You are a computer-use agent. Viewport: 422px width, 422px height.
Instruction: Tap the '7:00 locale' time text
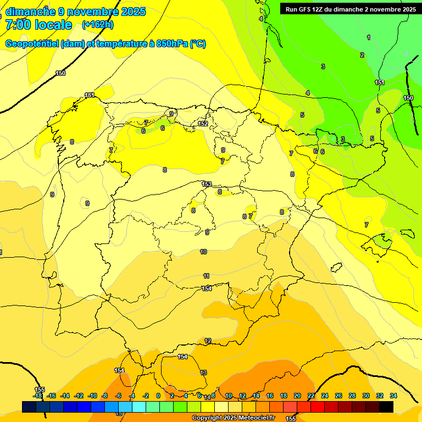point(38,25)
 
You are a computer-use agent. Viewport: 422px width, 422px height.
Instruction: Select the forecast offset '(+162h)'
point(98,25)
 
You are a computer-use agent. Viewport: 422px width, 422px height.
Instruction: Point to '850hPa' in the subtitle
point(171,44)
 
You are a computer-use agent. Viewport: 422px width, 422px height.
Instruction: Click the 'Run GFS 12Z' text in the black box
point(305,9)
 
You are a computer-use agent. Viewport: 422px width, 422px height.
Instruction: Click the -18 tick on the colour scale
point(37,396)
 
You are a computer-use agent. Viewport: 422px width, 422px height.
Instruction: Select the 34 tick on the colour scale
point(393,396)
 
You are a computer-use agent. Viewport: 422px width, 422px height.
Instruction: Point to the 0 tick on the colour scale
point(158,396)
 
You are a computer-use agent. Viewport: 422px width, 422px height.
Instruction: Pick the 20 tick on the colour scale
point(297,396)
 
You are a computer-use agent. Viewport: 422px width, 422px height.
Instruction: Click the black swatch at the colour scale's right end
point(386,407)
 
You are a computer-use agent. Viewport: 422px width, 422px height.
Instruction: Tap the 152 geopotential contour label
point(203,124)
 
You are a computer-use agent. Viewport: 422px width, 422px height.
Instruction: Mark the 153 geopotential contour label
point(207,184)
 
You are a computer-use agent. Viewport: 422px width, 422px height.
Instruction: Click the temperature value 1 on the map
point(369,37)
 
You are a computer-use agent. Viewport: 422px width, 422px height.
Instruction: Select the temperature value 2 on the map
point(362,55)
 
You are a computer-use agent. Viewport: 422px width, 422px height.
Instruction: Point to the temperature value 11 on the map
point(206,276)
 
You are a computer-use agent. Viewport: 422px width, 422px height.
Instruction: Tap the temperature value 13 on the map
point(203,373)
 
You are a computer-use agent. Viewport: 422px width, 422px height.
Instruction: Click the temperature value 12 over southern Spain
point(208,341)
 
